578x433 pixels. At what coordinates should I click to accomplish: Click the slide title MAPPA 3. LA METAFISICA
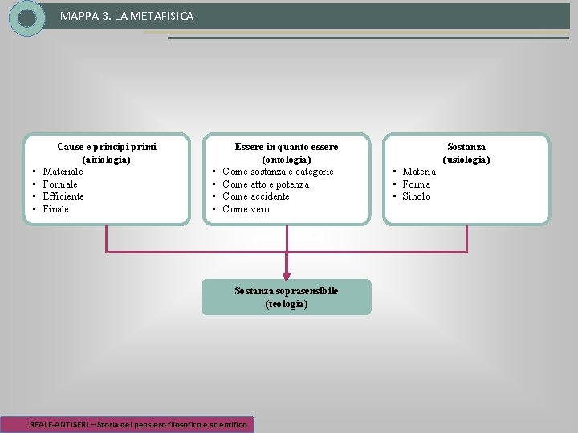[126, 16]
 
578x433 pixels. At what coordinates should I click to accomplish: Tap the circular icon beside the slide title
[27, 18]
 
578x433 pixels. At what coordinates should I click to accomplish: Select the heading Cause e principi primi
[107, 147]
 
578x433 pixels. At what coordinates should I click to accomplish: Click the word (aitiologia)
[107, 159]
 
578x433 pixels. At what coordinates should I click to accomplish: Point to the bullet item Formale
[62, 184]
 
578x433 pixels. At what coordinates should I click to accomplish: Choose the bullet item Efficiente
[63, 196]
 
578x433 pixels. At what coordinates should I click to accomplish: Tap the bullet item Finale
[56, 209]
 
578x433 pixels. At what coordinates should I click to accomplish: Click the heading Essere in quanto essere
[287, 147]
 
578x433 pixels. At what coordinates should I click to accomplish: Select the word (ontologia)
[287, 159]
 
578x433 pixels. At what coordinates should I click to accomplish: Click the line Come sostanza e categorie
[278, 172]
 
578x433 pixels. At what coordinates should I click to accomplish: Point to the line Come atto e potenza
[265, 184]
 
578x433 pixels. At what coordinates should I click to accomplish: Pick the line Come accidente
[256, 196]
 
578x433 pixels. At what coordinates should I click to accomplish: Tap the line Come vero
[246, 209]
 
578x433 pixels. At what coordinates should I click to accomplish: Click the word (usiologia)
[466, 159]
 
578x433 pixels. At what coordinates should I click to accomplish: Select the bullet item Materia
[419, 172]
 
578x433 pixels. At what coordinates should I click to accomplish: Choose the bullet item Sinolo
[417, 196]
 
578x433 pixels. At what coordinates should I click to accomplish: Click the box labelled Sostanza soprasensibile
[287, 297]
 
